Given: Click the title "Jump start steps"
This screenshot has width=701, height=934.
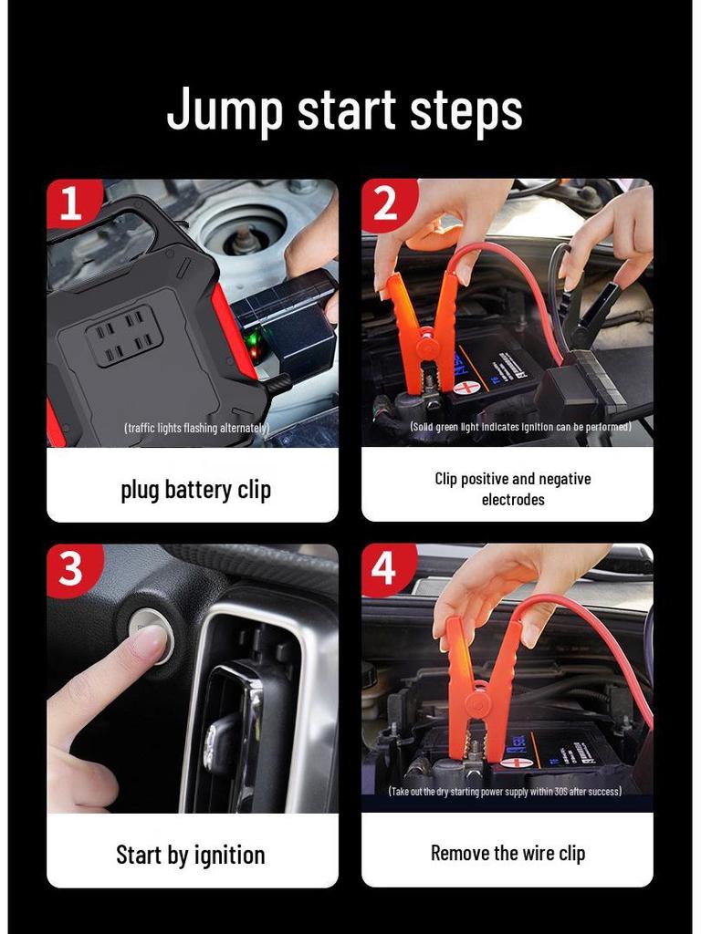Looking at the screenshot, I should pyautogui.click(x=345, y=109).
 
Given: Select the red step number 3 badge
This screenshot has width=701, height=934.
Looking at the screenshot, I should pyautogui.click(x=70, y=569).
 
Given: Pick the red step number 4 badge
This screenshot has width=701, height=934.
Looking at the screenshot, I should pyautogui.click(x=384, y=568).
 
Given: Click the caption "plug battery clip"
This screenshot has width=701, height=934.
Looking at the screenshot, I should pyautogui.click(x=195, y=490).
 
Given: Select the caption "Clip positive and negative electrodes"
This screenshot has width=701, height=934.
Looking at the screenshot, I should pyautogui.click(x=512, y=489).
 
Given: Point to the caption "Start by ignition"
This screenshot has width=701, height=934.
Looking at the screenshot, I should pyautogui.click(x=190, y=855).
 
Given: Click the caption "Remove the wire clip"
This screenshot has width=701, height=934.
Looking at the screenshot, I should pyautogui.click(x=507, y=853).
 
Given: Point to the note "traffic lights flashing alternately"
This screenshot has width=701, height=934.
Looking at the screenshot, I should pyautogui.click(x=196, y=428).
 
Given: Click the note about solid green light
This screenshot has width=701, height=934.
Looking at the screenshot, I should pyautogui.click(x=520, y=427).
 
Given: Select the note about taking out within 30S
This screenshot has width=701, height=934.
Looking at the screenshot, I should pyautogui.click(x=505, y=792).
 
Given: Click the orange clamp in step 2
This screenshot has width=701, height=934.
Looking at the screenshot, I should pyautogui.click(x=422, y=333).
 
